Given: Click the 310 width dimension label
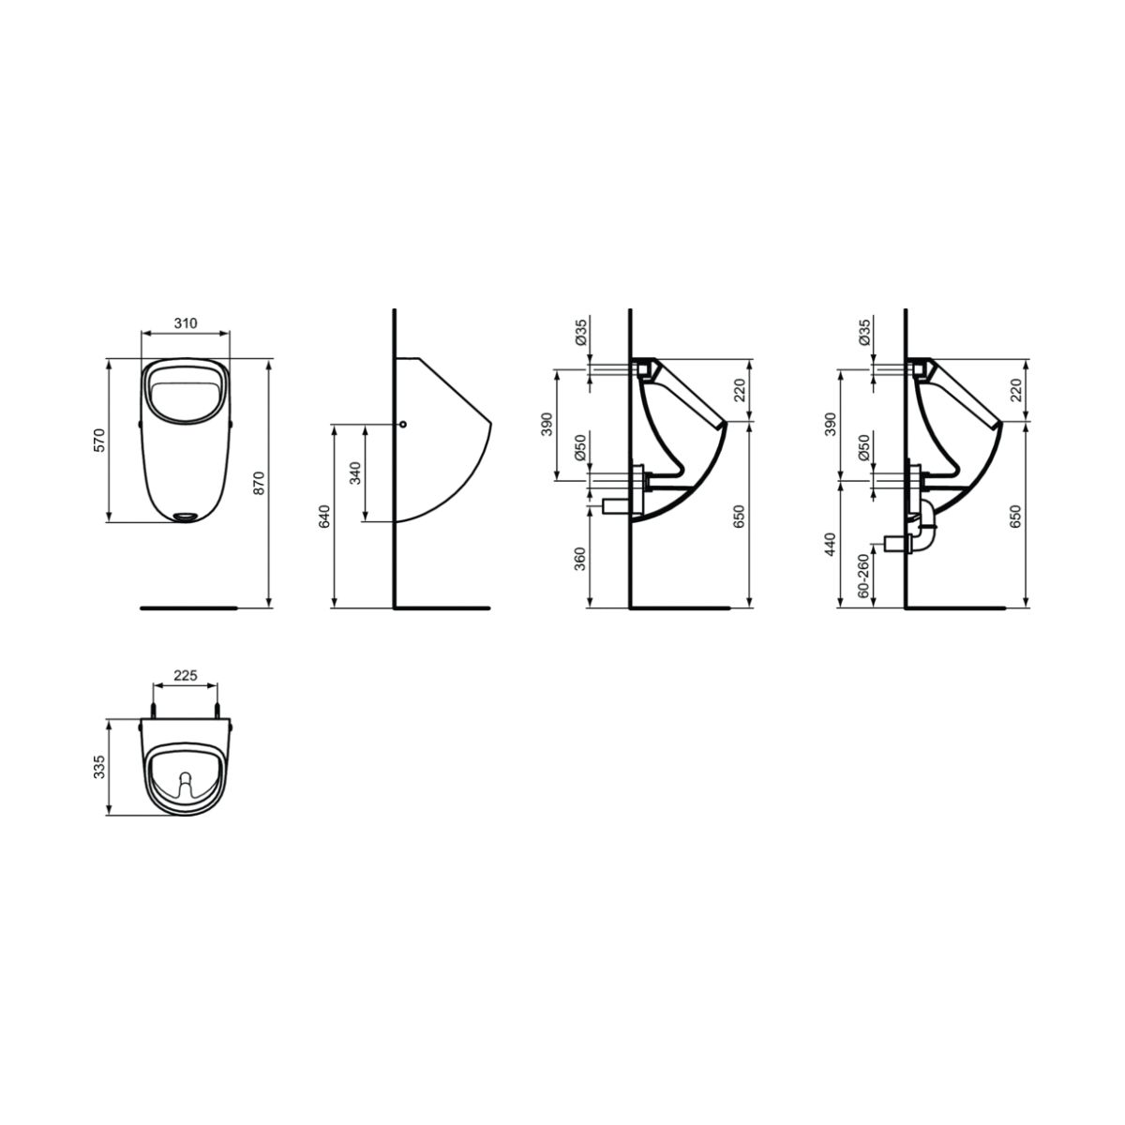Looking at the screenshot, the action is [186, 322].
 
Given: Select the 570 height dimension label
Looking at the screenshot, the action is [99, 440].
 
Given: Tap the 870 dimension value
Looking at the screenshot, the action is [259, 483].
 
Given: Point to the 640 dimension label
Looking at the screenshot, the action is [324, 516].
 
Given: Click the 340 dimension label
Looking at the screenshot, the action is [355, 472].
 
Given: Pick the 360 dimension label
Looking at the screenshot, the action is [579, 559].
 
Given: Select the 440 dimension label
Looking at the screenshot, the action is [831, 544].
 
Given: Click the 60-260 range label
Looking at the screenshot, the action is [863, 575].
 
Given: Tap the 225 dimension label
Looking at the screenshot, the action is [186, 675].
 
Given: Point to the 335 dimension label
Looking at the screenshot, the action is [99, 767].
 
